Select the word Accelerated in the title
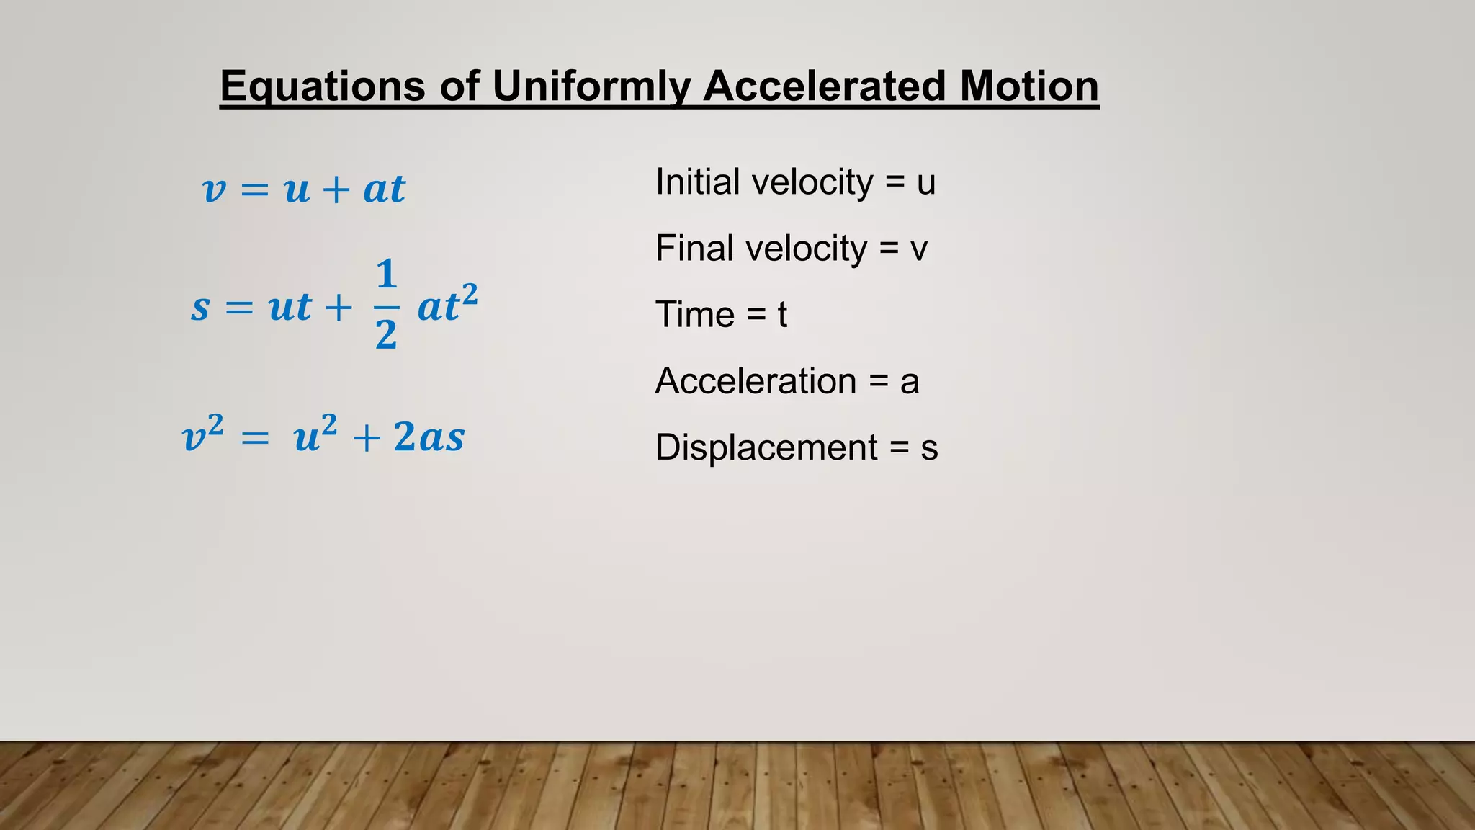click(823, 86)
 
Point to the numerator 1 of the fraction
click(387, 275)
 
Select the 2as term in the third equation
click(429, 437)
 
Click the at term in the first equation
click(385, 189)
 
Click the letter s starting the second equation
click(200, 308)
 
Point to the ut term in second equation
click(290, 308)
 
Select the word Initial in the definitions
click(697, 182)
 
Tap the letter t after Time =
click(782, 316)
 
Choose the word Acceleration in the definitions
click(756, 381)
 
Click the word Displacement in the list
click(766, 448)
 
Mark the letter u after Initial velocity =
click(925, 183)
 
